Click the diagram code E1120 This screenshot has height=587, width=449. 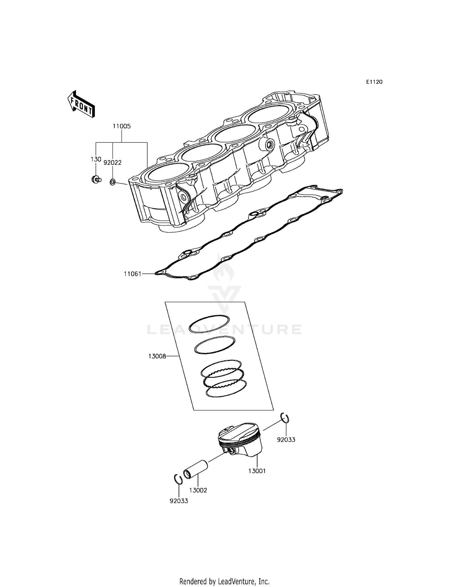[374, 82]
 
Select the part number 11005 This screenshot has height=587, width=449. [122, 126]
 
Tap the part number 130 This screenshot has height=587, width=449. [96, 159]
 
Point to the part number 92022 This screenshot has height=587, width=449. [113, 163]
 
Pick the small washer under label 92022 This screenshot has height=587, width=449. [113, 182]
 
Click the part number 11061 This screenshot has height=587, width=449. [133, 273]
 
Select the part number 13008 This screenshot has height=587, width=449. [157, 356]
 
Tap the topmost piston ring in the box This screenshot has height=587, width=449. [209, 324]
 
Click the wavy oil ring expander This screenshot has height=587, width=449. [223, 378]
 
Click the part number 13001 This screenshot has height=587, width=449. [257, 471]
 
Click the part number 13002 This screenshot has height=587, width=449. [198, 490]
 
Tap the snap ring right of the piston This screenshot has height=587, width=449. [285, 418]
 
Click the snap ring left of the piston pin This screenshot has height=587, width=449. [178, 479]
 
